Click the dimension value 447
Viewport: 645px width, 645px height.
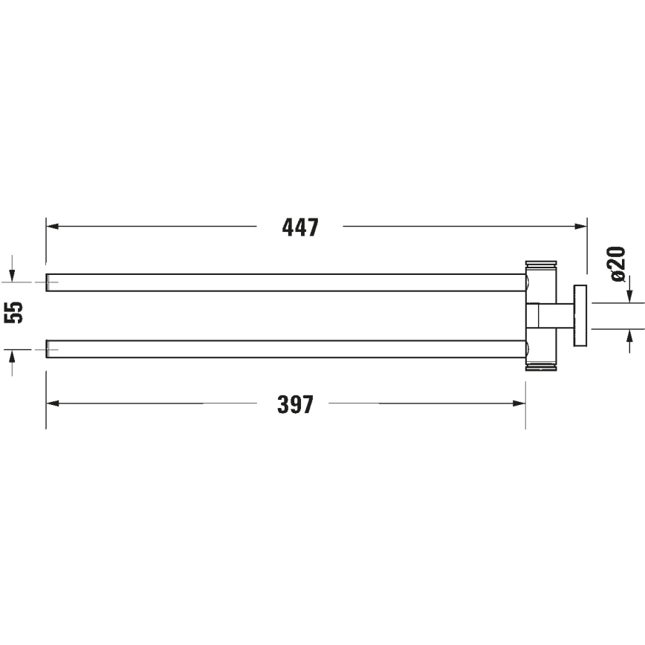coord(300,227)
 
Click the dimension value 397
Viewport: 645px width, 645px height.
coord(296,405)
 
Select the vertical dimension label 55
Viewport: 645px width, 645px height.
coord(14,312)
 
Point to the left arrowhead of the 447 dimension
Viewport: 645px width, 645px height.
coord(52,227)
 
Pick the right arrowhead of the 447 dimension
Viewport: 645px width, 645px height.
coord(581,227)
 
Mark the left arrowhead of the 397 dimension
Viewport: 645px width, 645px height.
coord(52,404)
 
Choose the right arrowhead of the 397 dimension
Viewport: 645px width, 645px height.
coord(519,404)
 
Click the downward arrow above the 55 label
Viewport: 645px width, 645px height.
coord(13,275)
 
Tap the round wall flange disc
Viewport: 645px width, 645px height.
coord(580,315)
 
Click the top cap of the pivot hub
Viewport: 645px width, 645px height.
coord(542,265)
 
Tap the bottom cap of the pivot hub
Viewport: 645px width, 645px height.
coord(542,366)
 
